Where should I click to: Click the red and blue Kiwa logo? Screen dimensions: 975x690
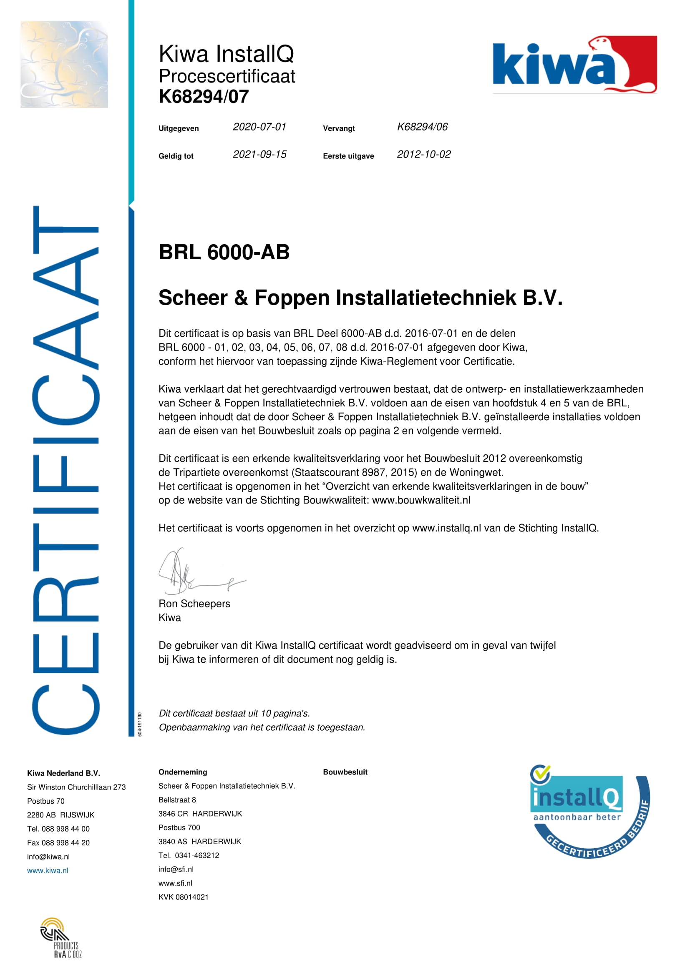point(574,65)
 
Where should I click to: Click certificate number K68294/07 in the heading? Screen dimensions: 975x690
point(204,97)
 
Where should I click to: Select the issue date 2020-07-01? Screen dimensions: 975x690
point(259,127)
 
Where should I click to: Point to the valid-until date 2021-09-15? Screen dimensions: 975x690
point(259,155)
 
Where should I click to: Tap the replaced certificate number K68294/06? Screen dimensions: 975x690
point(422,127)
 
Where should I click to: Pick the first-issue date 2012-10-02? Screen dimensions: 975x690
point(423,155)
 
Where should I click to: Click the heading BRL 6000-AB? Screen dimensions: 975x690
point(224,252)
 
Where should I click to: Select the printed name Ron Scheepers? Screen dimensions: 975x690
point(194,604)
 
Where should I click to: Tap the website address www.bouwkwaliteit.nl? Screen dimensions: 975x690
point(421,500)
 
